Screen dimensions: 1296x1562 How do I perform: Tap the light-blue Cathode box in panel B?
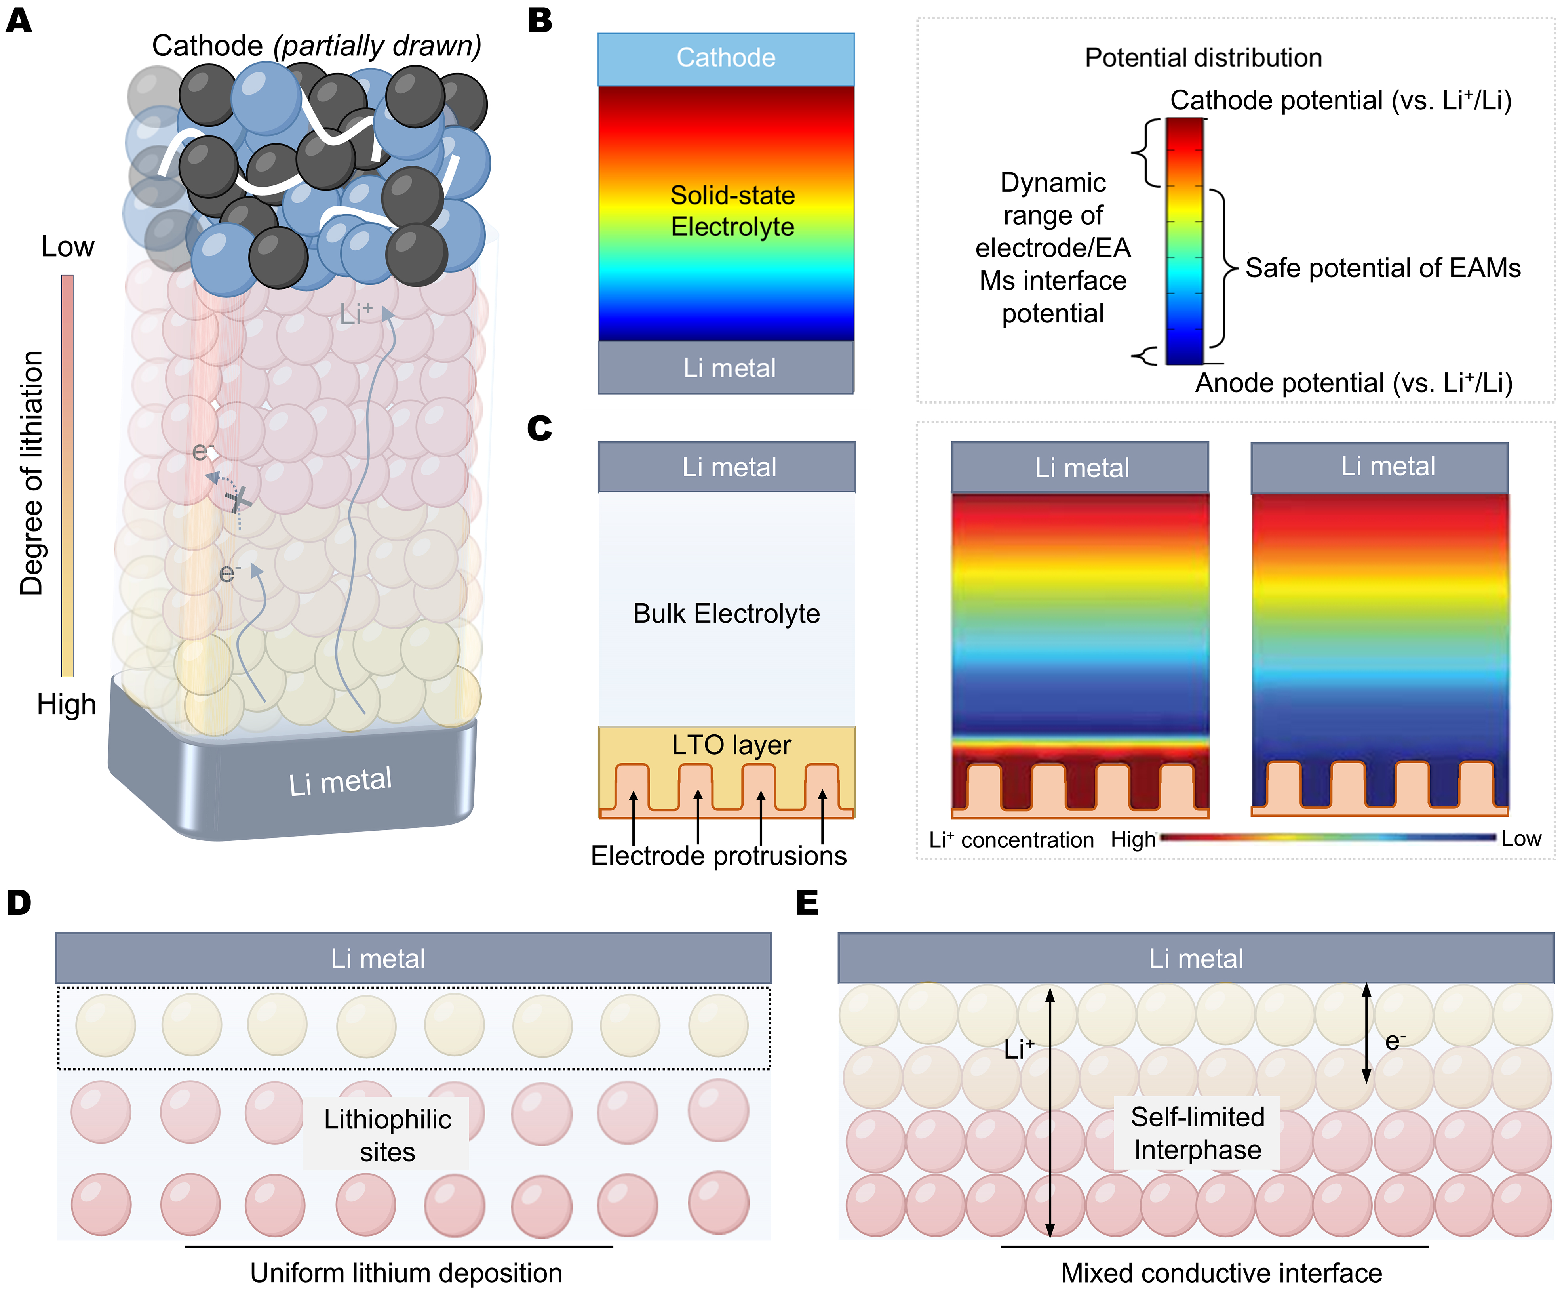725,58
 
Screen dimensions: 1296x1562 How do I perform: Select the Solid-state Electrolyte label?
732,211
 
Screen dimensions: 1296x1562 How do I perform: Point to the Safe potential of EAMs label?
1382,268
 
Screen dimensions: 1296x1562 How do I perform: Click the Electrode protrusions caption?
719,856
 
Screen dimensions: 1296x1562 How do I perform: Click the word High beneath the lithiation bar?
66,704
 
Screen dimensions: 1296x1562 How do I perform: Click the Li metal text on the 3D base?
340,781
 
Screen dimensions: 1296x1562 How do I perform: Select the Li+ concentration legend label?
1011,840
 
